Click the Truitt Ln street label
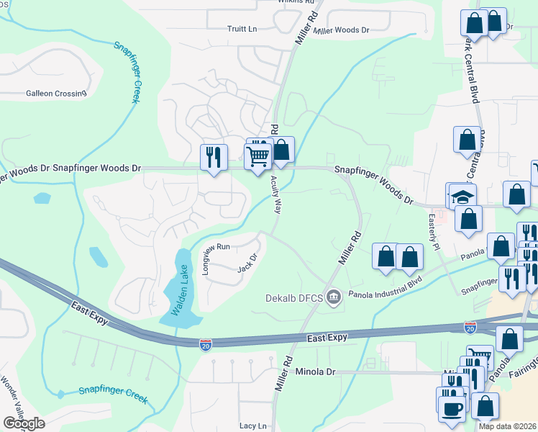pyautogui.click(x=242, y=29)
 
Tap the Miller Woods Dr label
pyautogui.click(x=342, y=30)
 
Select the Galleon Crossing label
pyautogui.click(x=56, y=93)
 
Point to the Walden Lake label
pyautogui.click(x=179, y=291)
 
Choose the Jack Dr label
pyautogui.click(x=247, y=264)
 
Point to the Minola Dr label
pyautogui.click(x=316, y=372)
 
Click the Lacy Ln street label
pyautogui.click(x=252, y=426)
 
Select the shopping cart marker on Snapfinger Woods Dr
pyautogui.click(x=257, y=155)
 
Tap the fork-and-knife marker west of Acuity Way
pyautogui.click(x=214, y=157)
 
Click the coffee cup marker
pyautogui.click(x=451, y=408)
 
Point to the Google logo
pyautogui.click(x=24, y=423)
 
